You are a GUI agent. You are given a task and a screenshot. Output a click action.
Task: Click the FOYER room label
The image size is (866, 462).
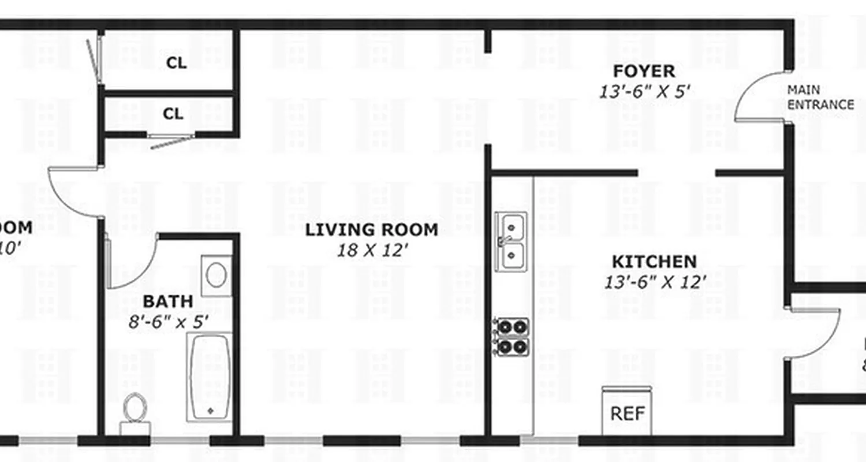(x=644, y=72)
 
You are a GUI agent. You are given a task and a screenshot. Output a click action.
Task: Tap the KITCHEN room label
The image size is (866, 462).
(x=654, y=262)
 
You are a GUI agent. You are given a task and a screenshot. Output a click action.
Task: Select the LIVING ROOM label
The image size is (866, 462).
(x=371, y=230)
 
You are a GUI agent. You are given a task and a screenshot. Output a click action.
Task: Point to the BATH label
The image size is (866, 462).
(x=168, y=301)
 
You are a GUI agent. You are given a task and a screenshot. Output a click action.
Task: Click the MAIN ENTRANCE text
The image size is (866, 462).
(x=820, y=98)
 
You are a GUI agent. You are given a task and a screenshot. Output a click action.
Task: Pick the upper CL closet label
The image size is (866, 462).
(x=176, y=63)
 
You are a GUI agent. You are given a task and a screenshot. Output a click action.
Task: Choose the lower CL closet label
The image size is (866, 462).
(x=173, y=114)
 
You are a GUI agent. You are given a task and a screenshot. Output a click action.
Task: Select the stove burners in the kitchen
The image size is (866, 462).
(x=513, y=337)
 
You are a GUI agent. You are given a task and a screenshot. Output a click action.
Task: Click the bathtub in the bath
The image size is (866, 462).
(x=210, y=376)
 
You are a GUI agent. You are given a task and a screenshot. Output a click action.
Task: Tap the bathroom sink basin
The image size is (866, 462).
(x=216, y=275)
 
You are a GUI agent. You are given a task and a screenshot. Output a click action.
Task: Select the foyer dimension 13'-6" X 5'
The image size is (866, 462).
(x=644, y=92)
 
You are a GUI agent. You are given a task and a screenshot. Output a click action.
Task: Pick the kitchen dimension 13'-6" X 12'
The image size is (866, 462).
(x=655, y=282)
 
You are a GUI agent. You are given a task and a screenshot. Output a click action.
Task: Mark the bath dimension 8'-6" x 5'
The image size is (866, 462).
(x=168, y=321)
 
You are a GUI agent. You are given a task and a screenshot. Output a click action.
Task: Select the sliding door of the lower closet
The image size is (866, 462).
(x=171, y=139)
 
